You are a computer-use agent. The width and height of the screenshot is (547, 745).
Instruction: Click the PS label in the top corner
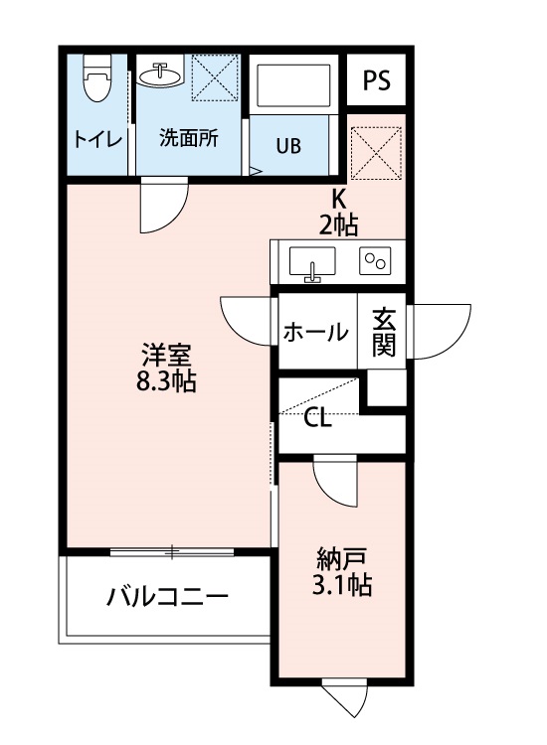tap(376, 80)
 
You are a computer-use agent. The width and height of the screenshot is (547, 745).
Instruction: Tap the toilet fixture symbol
tap(97, 79)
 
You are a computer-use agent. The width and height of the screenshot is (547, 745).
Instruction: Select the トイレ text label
tap(97, 139)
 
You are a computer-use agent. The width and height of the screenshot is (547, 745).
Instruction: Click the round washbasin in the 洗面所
tap(159, 74)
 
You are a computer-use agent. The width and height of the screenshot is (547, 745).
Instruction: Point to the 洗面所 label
tap(189, 139)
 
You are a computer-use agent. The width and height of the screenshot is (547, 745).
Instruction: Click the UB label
tap(287, 147)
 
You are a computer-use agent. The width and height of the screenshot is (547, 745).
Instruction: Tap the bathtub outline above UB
tap(296, 86)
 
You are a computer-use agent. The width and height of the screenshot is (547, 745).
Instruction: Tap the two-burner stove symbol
tap(377, 261)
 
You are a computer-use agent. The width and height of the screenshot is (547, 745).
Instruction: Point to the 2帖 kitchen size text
tap(338, 223)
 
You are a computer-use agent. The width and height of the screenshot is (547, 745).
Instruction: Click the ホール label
tap(315, 332)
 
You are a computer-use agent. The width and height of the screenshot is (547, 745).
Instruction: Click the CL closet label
tap(317, 418)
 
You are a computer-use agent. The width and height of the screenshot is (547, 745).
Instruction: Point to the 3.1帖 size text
tap(343, 586)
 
